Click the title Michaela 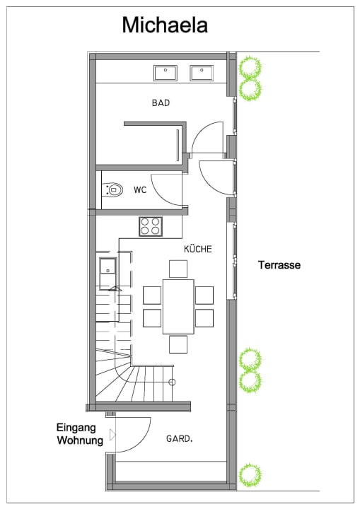tap(165, 25)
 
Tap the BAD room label tap(161, 103)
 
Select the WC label tap(140, 190)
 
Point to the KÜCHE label tap(198, 249)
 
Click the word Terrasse tap(279, 265)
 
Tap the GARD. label tap(180, 439)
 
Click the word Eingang tap(76, 428)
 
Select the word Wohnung tap(80, 440)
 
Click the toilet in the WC tap(112, 189)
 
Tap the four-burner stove tap(151, 226)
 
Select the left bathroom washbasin tap(166, 73)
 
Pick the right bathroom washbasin tap(202, 73)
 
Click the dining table tap(178, 306)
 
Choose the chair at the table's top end tap(178, 269)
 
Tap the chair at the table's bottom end tap(178, 344)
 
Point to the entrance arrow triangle tap(112, 435)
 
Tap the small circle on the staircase tap(172, 382)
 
